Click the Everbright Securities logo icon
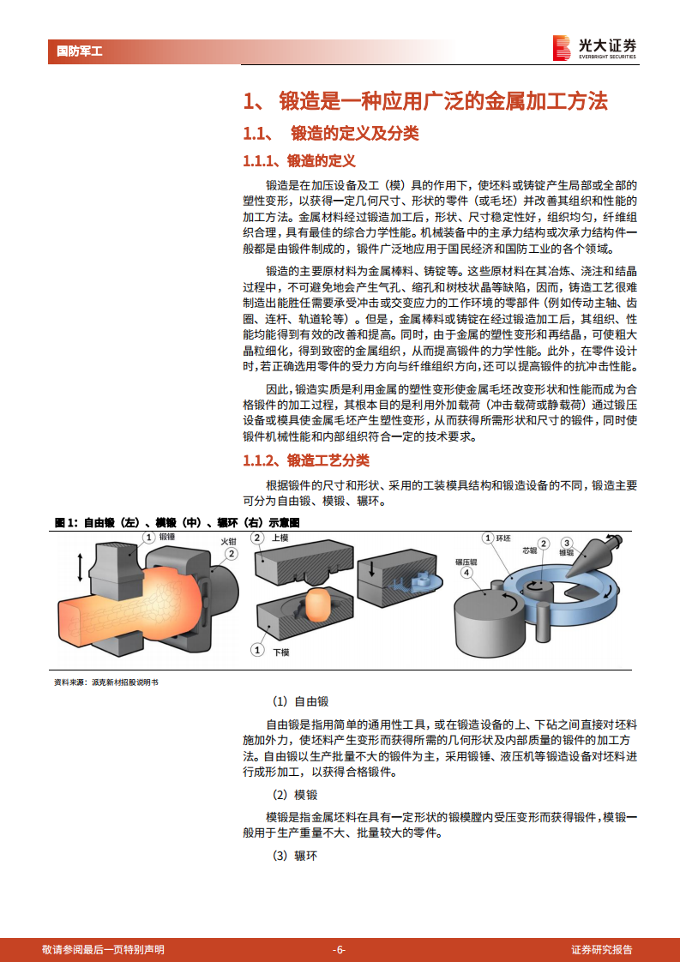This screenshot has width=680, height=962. [x=562, y=48]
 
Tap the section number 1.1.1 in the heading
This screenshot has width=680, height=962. [x=262, y=161]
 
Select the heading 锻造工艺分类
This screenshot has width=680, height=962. [x=328, y=460]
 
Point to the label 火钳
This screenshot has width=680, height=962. [x=227, y=542]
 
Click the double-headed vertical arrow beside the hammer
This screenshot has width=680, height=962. [x=81, y=568]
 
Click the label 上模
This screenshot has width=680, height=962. [x=280, y=538]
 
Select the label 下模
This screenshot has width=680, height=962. [x=280, y=652]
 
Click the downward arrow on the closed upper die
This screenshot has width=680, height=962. [x=373, y=569]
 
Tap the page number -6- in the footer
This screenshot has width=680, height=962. [x=340, y=949]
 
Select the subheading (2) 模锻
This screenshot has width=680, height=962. [x=295, y=795]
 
